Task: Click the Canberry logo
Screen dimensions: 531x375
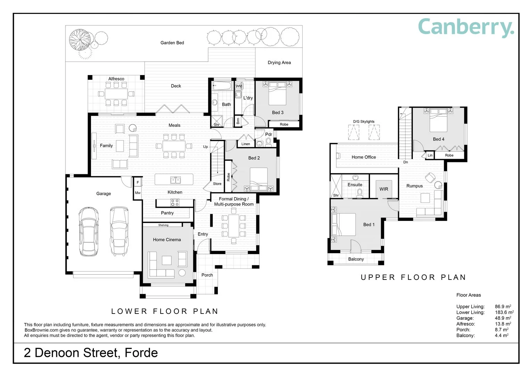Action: tap(466, 28)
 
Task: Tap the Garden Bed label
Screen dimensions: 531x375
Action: tap(172, 43)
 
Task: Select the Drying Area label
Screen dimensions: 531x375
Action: tap(279, 62)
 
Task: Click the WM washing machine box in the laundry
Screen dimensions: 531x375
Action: tap(239, 86)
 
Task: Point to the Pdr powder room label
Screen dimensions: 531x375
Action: tap(269, 134)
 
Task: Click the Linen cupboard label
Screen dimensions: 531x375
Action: tap(246, 144)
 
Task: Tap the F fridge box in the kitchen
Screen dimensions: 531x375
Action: tap(138, 182)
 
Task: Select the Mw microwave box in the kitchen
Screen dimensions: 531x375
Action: tap(138, 193)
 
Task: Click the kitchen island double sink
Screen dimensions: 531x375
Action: tap(175, 180)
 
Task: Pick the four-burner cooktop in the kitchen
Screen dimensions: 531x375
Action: tap(175, 203)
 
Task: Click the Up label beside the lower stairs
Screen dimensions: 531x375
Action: tap(205, 147)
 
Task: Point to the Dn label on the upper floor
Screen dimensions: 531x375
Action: tap(406, 162)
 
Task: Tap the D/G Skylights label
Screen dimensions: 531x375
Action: tap(363, 122)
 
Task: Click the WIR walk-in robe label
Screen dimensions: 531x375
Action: tap(384, 189)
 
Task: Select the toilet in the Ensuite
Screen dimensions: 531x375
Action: tap(360, 193)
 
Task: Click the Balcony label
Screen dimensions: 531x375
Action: tap(356, 259)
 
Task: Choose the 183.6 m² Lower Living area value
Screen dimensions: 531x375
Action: tap(504, 312)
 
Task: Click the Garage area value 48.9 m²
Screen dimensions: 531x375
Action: tap(503, 318)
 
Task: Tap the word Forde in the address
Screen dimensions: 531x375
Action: tap(141, 353)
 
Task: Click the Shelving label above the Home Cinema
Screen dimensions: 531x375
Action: tap(163, 225)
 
